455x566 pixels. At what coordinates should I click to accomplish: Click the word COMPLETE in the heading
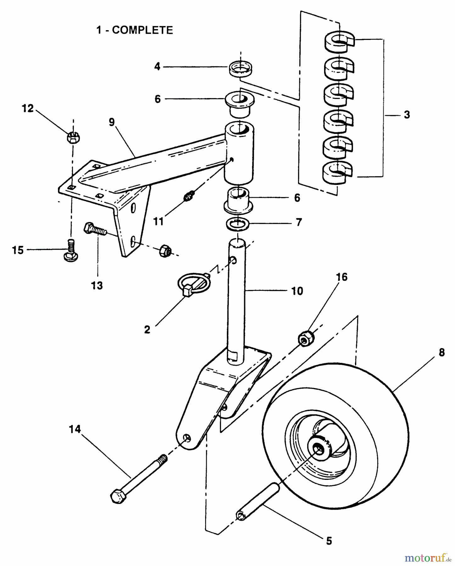[x=143, y=30]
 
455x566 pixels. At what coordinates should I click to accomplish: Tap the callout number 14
[x=75, y=429]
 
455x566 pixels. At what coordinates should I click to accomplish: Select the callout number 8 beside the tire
[x=441, y=353]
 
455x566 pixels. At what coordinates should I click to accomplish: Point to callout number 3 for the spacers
[x=407, y=115]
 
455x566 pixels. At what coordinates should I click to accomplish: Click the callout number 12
[x=28, y=108]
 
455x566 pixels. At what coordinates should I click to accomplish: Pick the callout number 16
[x=342, y=277]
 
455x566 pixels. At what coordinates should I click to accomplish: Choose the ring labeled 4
[x=241, y=69]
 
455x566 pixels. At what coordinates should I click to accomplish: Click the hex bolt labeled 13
[x=95, y=229]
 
